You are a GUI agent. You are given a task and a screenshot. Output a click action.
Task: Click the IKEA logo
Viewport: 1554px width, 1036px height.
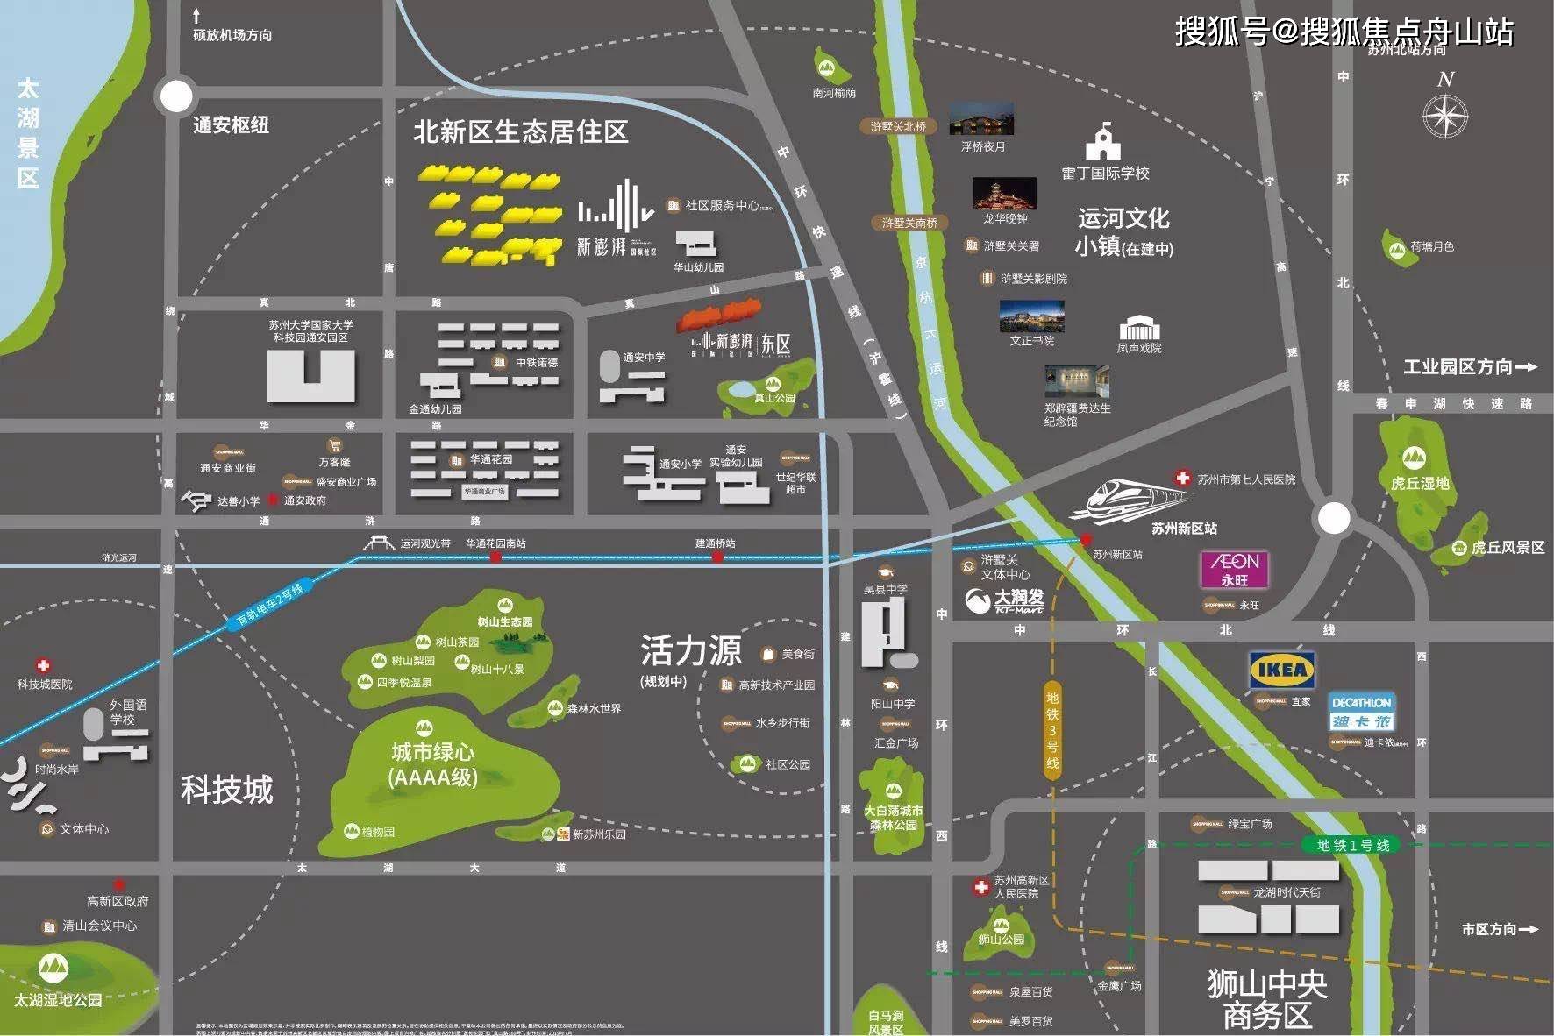1281,671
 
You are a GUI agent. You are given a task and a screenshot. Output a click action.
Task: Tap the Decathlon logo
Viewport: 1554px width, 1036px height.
1360,712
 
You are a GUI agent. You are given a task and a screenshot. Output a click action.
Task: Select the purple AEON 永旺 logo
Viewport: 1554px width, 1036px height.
1234,569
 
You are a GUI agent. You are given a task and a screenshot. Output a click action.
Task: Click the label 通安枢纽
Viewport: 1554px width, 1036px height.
231,125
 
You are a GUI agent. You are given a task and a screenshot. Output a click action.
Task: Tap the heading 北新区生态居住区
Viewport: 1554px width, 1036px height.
521,132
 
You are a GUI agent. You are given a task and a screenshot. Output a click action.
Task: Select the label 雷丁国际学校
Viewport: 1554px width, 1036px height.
1105,174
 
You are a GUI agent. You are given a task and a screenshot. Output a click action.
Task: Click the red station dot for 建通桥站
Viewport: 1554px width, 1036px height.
717,557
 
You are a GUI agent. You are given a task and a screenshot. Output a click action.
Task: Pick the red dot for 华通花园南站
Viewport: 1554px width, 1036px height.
495,557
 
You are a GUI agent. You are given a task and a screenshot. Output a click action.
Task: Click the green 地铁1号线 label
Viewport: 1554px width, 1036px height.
1352,845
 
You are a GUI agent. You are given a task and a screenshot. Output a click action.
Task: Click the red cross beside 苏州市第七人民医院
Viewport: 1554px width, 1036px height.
1182,479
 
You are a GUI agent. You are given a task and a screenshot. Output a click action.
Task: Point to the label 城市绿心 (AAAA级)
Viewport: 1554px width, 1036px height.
432,764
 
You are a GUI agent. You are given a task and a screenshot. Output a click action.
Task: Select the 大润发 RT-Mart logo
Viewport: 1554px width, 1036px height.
1004,600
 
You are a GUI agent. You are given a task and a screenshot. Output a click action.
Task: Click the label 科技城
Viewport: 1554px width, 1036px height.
227,790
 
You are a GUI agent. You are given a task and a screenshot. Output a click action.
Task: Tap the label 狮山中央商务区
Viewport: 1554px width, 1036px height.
1267,999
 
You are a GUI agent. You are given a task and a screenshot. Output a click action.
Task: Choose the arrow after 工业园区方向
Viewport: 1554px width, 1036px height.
1527,367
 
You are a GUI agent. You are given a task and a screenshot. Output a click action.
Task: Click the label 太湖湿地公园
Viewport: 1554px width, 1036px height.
58,1000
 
